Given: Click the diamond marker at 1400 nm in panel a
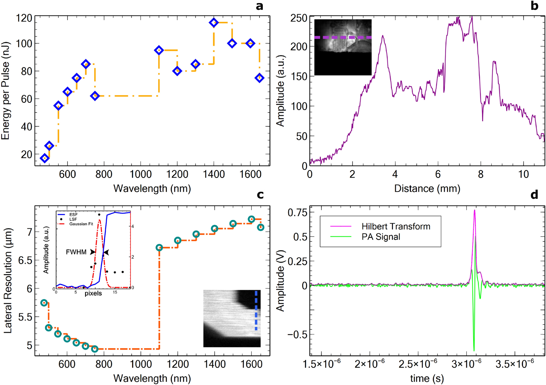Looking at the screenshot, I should coord(214,23).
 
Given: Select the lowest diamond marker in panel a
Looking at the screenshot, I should coord(45,158).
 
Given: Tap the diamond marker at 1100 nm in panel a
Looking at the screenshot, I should coord(159,50).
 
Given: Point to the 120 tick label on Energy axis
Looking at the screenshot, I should coord(24,18).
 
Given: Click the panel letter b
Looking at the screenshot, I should coord(534,6).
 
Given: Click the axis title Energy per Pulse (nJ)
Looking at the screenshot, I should coord(5,91).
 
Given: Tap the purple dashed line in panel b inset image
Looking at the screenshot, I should coord(343,37).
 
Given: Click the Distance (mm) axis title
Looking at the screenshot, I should coord(427,188).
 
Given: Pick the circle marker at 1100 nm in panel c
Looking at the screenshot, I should coord(159,247).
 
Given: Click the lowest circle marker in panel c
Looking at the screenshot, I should coord(94,349).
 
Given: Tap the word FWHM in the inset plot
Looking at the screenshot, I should coord(76,252).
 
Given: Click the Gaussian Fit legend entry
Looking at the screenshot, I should coord(81,224).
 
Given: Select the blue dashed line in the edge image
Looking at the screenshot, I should coord(256,311).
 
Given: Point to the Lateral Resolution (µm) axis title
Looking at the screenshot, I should coord(8,281).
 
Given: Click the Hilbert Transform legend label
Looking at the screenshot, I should coord(396,226).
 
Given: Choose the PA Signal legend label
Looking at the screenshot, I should coord(381,237).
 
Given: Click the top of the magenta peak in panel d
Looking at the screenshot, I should coord(474,210).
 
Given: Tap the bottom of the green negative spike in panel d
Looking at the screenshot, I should coord(474,351).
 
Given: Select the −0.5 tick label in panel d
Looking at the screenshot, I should coord(297,335).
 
